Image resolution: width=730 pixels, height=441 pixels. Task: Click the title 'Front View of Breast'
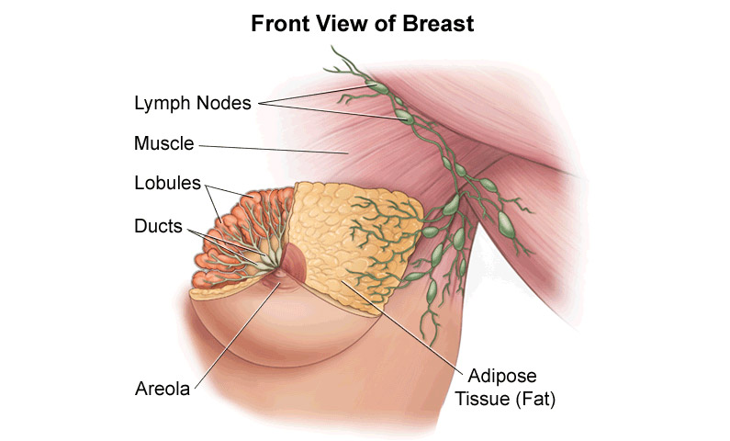tap(362, 24)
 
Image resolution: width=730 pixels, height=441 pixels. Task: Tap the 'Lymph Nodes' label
tap(193, 103)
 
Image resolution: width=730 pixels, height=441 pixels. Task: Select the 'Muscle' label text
tap(163, 143)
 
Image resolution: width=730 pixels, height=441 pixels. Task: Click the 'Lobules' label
tap(168, 183)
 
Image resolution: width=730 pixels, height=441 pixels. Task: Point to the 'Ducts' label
tap(158, 226)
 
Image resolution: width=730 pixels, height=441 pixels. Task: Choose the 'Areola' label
tap(163, 389)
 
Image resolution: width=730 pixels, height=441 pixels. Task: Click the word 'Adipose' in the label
tap(502, 377)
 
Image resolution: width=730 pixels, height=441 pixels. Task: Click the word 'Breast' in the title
tap(438, 24)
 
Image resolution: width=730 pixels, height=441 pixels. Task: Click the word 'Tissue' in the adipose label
tap(482, 399)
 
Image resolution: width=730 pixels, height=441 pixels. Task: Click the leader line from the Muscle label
tap(274, 149)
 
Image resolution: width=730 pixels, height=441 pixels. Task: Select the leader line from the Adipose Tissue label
tap(404, 327)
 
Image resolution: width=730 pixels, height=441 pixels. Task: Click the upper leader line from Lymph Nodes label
tap(315, 94)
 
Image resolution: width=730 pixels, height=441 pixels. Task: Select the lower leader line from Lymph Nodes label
tap(333, 112)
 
